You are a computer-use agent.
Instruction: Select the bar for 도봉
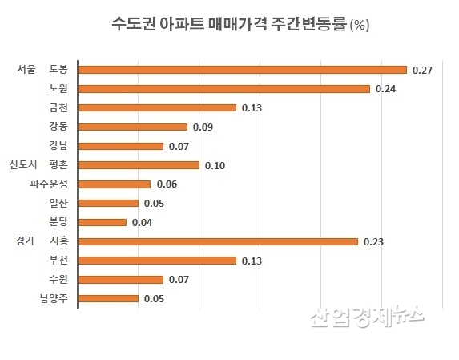tap(242, 70)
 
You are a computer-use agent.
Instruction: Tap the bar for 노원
tap(223, 89)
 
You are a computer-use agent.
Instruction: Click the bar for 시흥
tap(217, 241)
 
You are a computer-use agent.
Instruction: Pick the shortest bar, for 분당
tap(102, 222)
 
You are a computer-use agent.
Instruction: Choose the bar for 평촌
tap(138, 165)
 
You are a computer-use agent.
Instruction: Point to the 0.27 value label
tap(422, 71)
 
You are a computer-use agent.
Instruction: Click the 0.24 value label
tap(385, 89)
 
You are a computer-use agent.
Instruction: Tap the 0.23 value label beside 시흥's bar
tap(373, 241)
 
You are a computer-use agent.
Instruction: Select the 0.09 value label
tap(203, 127)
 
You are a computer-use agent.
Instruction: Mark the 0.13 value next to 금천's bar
tap(252, 108)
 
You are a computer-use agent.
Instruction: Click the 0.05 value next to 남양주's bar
tap(154, 298)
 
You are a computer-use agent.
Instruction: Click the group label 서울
tap(27, 70)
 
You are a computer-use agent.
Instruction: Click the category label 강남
tap(58, 146)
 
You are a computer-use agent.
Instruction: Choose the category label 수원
tap(58, 279)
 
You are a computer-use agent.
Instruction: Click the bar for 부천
tap(156, 260)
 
